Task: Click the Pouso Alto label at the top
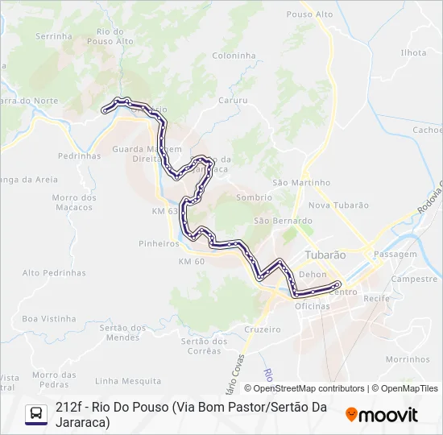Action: (x=309, y=14)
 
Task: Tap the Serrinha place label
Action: (x=55, y=36)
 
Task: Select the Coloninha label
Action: (x=234, y=56)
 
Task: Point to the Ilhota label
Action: (x=413, y=52)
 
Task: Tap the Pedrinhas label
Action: (x=80, y=155)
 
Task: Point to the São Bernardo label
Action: (x=283, y=221)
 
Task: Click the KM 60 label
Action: (x=192, y=262)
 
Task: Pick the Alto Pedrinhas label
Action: (x=54, y=273)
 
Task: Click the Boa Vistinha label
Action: (x=48, y=319)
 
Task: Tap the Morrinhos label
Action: (x=407, y=359)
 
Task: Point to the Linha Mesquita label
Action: (x=128, y=380)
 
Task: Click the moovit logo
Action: (x=382, y=415)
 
